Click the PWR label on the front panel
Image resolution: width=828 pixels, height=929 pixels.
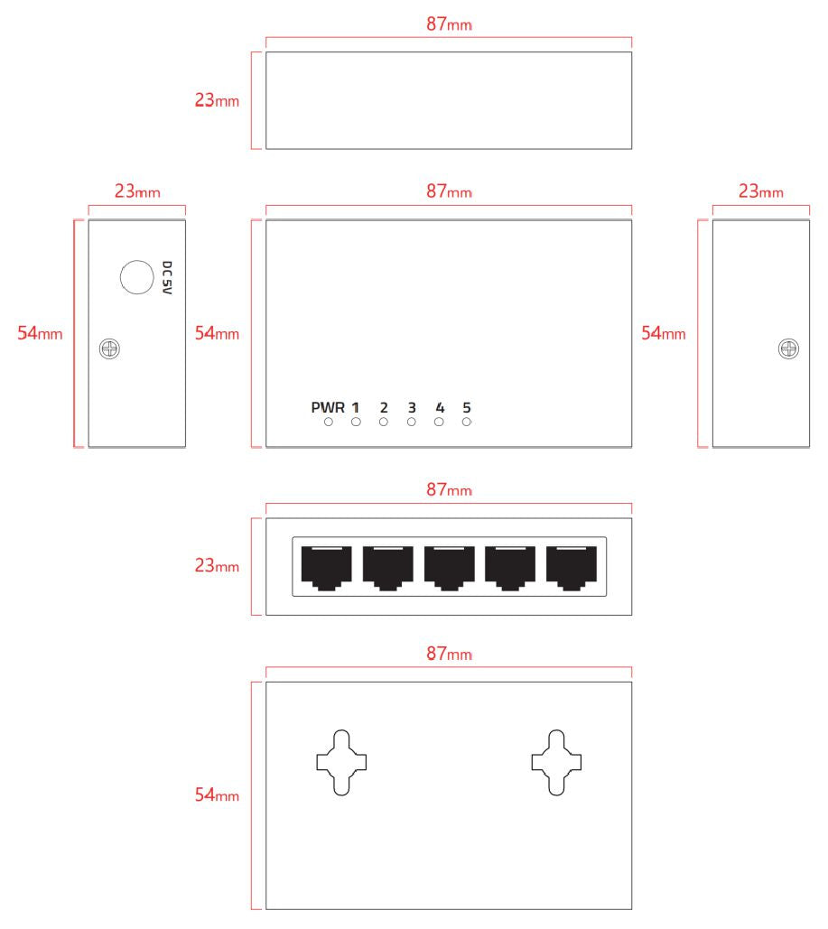click(x=328, y=407)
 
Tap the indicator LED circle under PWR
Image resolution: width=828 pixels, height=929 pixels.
click(x=329, y=422)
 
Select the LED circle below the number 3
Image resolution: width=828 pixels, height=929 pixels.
click(x=411, y=422)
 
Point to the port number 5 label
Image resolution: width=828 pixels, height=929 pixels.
click(x=467, y=407)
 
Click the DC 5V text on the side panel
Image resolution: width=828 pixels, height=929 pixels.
click(x=166, y=279)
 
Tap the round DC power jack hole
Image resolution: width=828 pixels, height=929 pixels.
click(x=136, y=276)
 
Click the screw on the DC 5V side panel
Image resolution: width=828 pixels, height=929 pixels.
click(x=110, y=348)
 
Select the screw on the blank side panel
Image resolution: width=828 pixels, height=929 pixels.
click(x=787, y=348)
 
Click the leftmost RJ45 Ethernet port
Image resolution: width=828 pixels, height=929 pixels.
click(x=326, y=568)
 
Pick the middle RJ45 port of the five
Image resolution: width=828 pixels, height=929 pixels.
click(x=449, y=568)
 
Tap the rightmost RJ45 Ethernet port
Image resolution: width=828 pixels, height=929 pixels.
click(x=572, y=568)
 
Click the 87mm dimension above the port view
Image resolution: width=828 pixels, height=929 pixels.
click(x=449, y=490)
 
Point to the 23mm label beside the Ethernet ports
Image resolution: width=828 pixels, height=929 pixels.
click(x=217, y=567)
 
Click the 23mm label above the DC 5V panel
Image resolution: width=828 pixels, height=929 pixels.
click(x=137, y=191)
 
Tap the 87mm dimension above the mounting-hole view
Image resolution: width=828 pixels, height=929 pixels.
click(x=449, y=654)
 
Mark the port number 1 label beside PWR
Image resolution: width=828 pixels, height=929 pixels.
click(x=356, y=407)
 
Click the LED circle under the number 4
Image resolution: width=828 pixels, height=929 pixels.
click(x=439, y=422)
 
